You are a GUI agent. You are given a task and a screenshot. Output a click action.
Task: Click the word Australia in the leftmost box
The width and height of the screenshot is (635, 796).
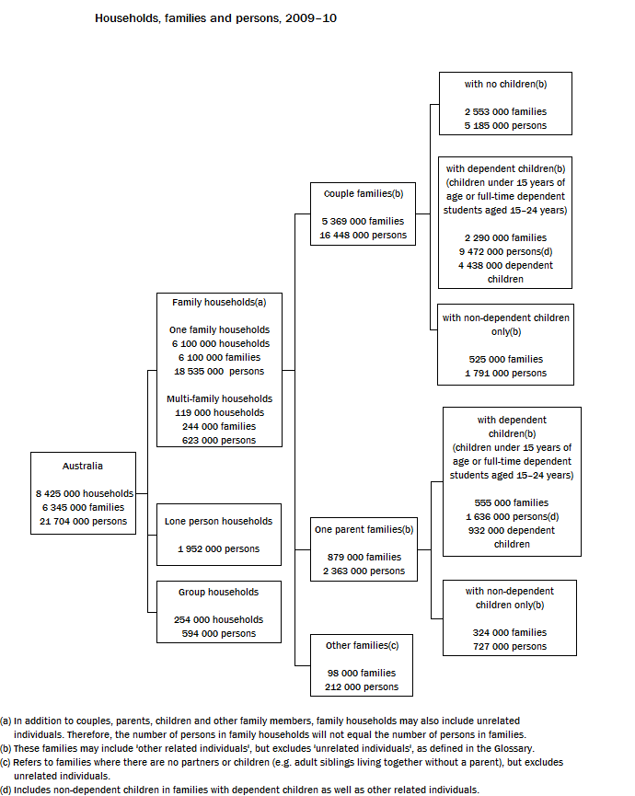[83, 466]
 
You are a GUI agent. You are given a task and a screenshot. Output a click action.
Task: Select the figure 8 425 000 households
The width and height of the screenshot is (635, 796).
[85, 493]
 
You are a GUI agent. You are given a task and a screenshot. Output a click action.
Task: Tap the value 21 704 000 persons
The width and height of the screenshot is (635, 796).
[83, 521]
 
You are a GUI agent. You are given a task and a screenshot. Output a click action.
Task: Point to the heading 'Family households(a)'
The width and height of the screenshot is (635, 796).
[219, 302]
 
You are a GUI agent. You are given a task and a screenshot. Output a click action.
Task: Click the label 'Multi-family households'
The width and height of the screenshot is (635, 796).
[219, 398]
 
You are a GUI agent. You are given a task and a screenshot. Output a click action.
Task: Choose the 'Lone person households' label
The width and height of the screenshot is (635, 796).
[218, 521]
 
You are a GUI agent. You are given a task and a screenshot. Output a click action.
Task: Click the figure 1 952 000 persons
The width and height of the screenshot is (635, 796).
[218, 548]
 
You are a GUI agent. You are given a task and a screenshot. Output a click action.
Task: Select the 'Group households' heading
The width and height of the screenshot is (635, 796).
[218, 592]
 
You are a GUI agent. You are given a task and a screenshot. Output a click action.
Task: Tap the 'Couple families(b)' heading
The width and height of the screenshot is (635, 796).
[363, 194]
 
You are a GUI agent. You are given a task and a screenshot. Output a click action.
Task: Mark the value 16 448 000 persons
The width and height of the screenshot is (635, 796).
[363, 236]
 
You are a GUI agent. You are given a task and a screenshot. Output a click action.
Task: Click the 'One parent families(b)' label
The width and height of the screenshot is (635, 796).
[364, 529]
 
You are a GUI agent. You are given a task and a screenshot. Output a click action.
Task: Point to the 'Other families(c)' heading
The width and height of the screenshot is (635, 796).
[362, 645]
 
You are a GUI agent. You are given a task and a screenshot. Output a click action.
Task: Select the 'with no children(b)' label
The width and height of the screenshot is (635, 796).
[505, 84]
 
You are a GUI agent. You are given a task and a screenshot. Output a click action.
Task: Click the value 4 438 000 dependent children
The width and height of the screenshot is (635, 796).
[505, 271]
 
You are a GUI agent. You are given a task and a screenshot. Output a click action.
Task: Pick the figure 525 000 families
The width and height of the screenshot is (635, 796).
[505, 359]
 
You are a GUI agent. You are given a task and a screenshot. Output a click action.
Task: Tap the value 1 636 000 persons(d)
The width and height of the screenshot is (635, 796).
[512, 516]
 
